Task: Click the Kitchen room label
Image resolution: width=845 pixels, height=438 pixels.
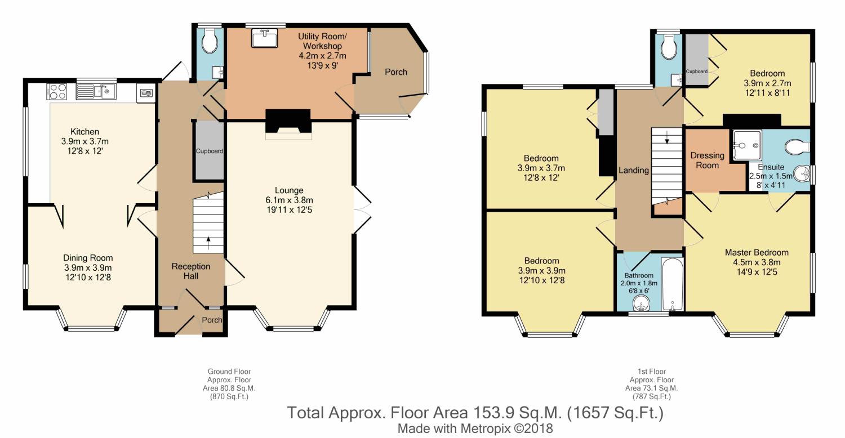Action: [85, 132]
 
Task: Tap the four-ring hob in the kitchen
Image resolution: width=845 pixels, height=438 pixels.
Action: [56, 92]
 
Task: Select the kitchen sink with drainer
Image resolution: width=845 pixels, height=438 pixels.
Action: [96, 92]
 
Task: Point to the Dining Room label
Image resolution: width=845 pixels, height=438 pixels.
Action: [88, 258]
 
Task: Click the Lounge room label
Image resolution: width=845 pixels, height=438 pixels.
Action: [289, 190]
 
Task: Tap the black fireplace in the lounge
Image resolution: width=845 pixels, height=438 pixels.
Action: [288, 121]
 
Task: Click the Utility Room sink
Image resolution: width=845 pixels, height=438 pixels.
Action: [265, 38]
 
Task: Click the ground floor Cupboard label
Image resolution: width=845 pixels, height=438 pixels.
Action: [210, 151]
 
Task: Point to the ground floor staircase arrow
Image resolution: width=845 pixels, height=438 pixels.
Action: [208, 243]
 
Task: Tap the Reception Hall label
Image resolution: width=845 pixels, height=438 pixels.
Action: [191, 271]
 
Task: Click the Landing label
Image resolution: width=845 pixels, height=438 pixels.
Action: [634, 171]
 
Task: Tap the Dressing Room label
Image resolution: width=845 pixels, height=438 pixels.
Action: [708, 160]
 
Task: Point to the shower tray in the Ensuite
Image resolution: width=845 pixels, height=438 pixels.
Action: [748, 144]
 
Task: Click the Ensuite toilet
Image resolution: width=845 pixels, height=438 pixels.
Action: [797, 146]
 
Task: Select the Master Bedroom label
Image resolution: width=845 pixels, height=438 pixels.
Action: [757, 253]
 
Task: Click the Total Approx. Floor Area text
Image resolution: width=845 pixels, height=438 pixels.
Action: [475, 413]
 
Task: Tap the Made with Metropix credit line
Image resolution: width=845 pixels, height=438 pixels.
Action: [475, 428]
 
